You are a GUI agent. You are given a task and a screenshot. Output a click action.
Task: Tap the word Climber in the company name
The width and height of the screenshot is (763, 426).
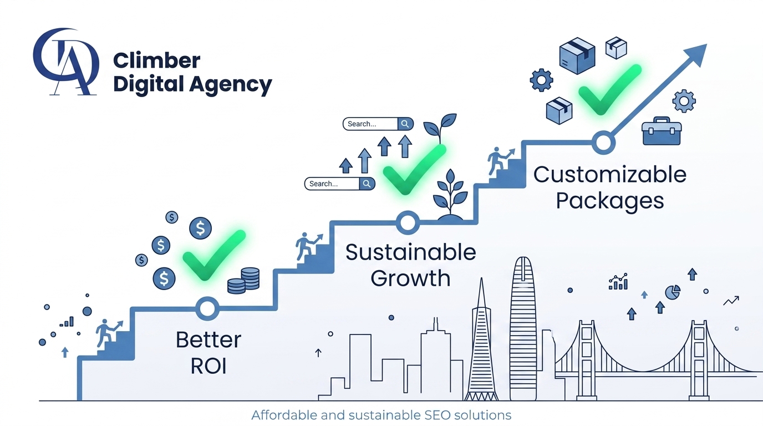pos(156,60)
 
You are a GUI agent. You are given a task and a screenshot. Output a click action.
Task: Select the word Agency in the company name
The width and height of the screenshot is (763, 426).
pos(231,84)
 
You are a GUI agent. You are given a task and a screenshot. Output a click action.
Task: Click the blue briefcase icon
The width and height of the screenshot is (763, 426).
pos(662,131)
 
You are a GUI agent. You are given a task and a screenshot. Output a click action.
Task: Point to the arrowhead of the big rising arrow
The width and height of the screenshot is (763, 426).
pos(696,54)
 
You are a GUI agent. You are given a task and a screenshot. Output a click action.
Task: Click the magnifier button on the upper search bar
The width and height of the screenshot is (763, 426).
pos(405,124)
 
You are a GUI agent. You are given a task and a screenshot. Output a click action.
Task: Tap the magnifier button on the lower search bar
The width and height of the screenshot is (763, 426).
pos(367,184)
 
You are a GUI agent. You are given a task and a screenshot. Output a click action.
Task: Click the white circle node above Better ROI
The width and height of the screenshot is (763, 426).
pos(207,308)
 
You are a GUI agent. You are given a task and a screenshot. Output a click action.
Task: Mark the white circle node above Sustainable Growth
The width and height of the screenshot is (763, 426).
pos(408,222)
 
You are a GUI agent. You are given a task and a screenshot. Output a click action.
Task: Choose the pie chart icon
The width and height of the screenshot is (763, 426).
pos(673,292)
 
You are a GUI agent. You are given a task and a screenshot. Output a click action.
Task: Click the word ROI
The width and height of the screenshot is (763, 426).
pos(208,366)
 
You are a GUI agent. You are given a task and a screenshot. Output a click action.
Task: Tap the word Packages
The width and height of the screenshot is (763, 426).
pos(610,200)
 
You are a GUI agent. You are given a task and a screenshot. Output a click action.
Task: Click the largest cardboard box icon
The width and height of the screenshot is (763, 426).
pos(577,56)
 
